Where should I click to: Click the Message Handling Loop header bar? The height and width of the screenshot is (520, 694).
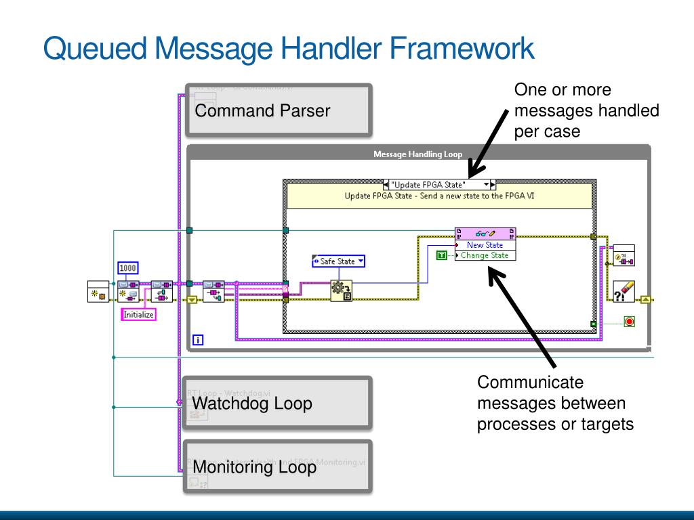tap(417, 154)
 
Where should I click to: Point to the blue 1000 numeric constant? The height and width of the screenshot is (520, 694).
tap(128, 268)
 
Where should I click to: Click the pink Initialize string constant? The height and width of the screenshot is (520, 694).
tap(138, 314)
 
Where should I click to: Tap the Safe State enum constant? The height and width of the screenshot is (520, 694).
tap(338, 261)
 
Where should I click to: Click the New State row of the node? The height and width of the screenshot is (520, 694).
tap(485, 245)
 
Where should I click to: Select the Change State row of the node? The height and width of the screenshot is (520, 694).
tap(485, 255)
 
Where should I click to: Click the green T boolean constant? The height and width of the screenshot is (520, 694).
tap(442, 255)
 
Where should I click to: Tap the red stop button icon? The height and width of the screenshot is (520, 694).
tap(629, 322)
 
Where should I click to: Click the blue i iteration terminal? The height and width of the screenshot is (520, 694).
tap(198, 339)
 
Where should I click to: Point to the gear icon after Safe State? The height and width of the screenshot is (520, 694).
tap(340, 290)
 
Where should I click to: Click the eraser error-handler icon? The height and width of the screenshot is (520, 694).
tap(624, 292)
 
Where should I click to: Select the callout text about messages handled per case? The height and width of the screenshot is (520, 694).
tap(586, 110)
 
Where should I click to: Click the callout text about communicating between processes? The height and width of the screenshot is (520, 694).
tap(555, 404)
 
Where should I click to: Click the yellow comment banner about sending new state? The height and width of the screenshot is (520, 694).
tap(438, 196)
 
